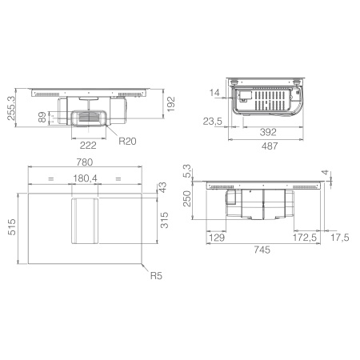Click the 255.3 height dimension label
point(11,108)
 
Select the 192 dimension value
point(170,104)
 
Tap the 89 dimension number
point(42,117)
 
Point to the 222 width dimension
point(88,146)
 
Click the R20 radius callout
point(127,141)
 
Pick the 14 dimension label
point(214,93)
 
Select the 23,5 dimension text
point(213,122)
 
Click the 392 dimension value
point(268,132)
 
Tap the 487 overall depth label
point(270,146)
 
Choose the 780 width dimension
point(85,162)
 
